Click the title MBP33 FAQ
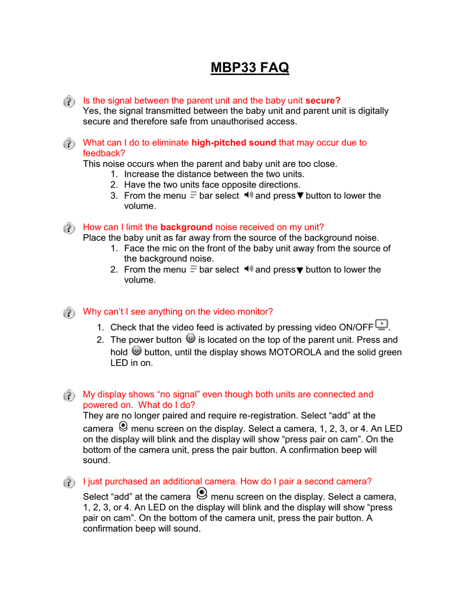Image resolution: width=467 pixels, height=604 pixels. tap(250, 68)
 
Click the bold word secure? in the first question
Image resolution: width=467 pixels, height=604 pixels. tap(323, 100)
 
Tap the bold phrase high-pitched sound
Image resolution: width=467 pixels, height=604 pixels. tap(234, 142)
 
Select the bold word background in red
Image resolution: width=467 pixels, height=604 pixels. tap(186, 227)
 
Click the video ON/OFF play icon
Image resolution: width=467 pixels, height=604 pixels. tap(382, 324)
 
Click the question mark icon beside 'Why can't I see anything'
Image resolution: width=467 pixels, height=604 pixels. tap(70, 312)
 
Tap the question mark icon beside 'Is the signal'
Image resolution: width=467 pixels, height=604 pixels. tap(70, 101)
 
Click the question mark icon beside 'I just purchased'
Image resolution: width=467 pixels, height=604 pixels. tap(70, 482)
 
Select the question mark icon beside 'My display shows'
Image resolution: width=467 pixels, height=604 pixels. tap(70, 395)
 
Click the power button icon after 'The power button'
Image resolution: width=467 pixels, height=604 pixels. tap(190, 339)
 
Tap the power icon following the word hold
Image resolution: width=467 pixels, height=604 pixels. tap(136, 351)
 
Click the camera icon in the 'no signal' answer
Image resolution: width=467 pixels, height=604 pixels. tap(123, 426)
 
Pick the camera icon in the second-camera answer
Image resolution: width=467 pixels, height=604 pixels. tap(201, 494)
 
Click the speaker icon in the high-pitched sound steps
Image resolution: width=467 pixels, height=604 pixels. tap(247, 195)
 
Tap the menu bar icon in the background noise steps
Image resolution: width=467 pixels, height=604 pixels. tap(193, 269)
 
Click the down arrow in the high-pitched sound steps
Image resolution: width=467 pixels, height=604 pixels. tap(300, 196)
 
